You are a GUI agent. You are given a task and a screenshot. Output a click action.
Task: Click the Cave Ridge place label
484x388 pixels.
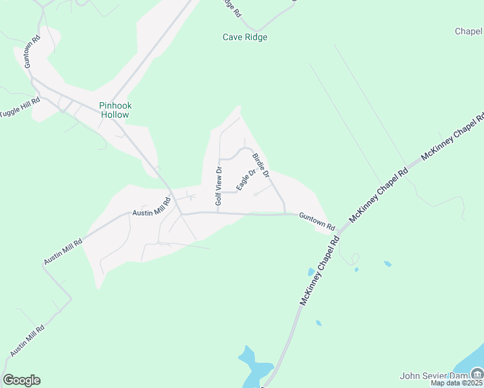pos(245,37)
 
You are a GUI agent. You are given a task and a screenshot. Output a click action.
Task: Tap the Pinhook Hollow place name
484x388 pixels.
pos(114,110)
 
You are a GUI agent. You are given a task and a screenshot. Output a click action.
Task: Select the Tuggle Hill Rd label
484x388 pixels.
pos(20,107)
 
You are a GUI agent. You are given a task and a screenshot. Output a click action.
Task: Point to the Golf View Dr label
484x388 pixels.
pos(219,186)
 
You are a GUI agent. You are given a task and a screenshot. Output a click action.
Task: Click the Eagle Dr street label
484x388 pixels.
pos(242,179)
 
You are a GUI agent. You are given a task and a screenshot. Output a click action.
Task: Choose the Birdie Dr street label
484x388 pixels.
pos(261,166)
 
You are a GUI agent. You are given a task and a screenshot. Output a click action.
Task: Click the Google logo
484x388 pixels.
pos(21,380)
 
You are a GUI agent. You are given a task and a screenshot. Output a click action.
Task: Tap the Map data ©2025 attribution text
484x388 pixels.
pos(456,383)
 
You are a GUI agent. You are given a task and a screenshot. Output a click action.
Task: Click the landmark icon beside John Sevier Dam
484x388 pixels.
pos(476,373)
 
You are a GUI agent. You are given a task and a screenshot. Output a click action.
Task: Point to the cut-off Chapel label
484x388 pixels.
pos(468,31)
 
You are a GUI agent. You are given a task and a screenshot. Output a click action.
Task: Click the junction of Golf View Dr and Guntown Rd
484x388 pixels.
pos(217,213)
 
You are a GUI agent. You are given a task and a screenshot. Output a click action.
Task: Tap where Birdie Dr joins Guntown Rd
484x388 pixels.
pos(285,213)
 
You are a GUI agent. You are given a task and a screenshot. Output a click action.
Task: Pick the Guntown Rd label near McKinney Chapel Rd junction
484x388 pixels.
pos(316,222)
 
